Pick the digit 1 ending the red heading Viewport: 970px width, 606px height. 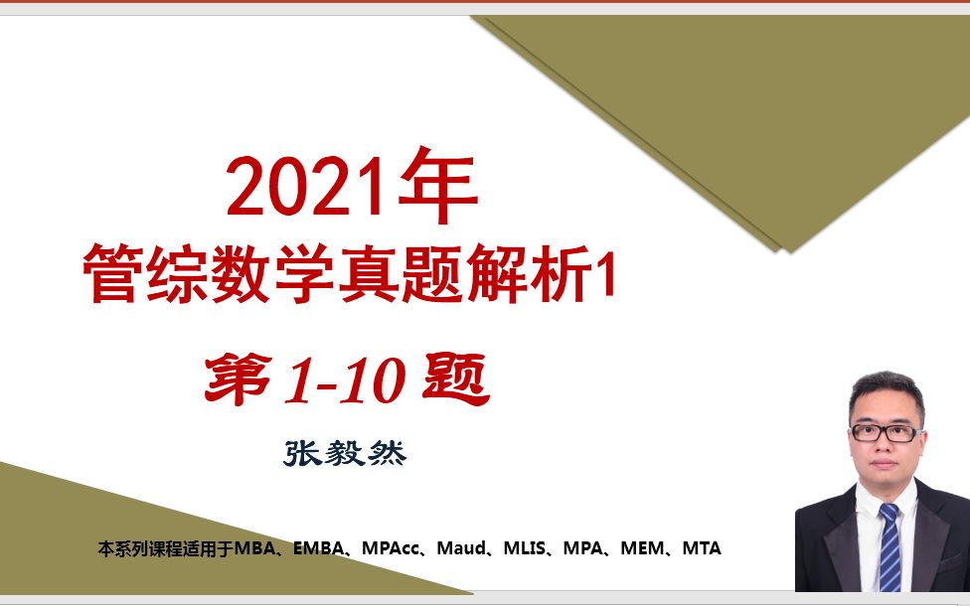click(x=605, y=274)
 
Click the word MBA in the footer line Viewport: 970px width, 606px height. click(x=256, y=548)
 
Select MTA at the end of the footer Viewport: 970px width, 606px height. click(x=702, y=548)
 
